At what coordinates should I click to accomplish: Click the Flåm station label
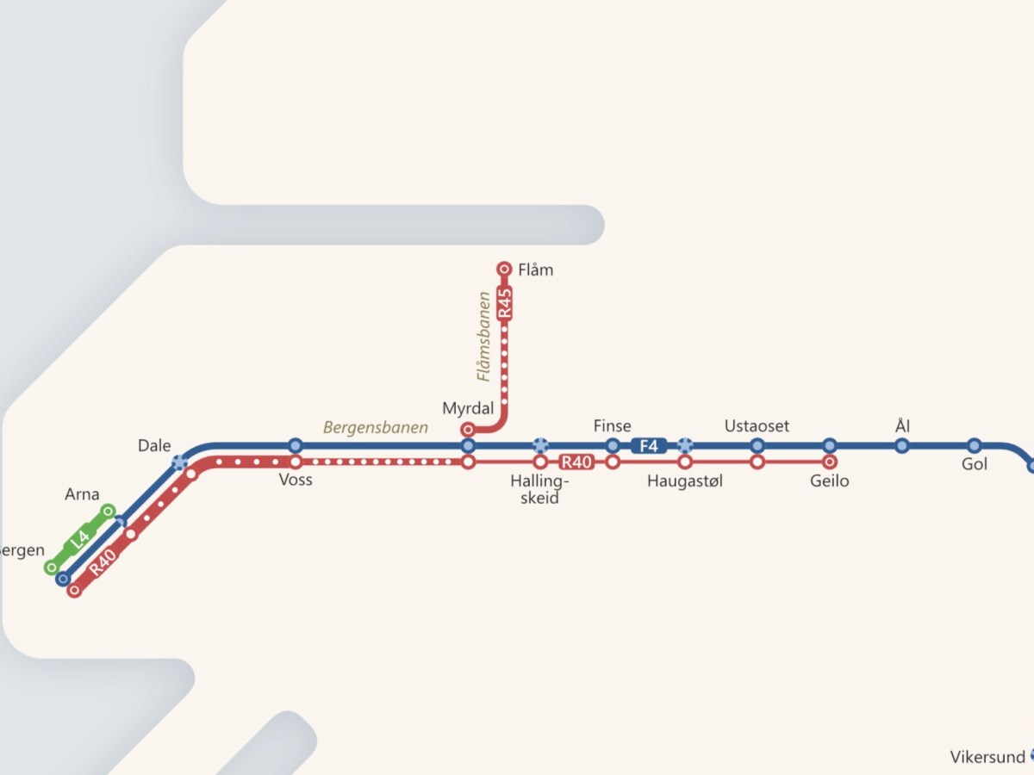click(536, 270)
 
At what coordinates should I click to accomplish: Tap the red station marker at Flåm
click(505, 270)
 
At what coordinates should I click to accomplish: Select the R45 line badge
click(505, 304)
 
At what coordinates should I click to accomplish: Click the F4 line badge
click(649, 446)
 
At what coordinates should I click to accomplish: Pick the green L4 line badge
click(79, 539)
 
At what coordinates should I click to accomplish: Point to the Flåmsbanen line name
click(484, 336)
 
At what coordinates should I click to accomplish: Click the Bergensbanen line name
click(376, 427)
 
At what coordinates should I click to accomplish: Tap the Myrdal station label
click(468, 407)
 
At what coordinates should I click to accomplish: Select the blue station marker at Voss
click(296, 446)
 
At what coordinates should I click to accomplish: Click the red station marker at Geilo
click(830, 462)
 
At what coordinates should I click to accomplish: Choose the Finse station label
click(613, 425)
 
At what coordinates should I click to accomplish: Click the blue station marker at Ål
click(902, 446)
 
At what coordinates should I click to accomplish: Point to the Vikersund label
click(987, 758)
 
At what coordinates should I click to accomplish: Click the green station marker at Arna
click(109, 512)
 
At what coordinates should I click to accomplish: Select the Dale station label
click(154, 445)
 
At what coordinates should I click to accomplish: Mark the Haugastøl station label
click(685, 481)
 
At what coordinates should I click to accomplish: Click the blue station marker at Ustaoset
click(757, 446)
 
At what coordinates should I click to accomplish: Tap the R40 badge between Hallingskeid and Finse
click(576, 462)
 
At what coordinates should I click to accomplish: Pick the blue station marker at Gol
click(975, 446)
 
